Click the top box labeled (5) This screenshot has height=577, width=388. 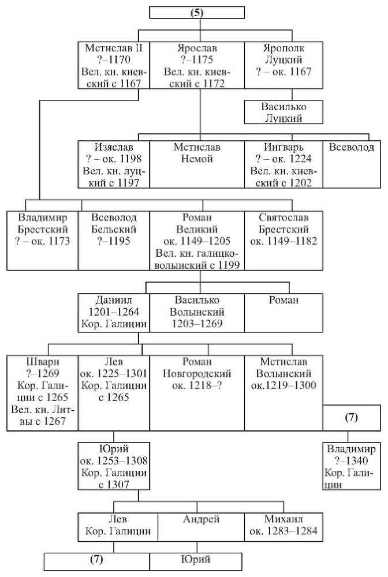[197, 13]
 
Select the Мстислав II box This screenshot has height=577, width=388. [114, 65]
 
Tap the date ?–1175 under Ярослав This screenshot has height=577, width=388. [197, 59]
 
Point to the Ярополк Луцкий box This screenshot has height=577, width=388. [284, 65]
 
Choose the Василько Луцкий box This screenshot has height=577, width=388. [284, 113]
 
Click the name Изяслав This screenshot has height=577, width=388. [114, 147]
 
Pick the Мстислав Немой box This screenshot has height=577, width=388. [197, 164]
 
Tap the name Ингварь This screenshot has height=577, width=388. [284, 147]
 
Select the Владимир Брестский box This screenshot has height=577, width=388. [43, 241]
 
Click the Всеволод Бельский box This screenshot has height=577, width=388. [114, 241]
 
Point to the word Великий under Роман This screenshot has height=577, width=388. [197, 229]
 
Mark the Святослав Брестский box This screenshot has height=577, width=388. [284, 241]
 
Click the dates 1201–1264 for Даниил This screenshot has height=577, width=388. [114, 312]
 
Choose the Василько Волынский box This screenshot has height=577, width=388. [197, 313]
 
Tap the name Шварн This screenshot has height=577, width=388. [43, 362]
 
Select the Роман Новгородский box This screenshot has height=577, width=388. [197, 393]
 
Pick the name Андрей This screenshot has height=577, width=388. [201, 519]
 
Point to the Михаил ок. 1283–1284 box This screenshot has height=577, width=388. [284, 527]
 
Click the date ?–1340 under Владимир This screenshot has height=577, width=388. [352, 460]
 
